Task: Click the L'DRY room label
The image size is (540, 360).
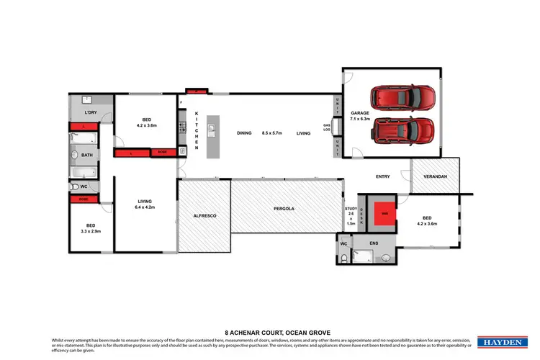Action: coord(91,113)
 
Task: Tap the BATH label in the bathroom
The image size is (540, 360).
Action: coord(87,155)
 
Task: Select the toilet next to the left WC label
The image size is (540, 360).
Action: coord(76,186)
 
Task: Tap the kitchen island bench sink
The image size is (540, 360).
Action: coord(212,130)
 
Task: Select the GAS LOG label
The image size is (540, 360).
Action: coord(326,127)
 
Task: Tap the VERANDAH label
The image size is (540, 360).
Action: coord(435,176)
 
